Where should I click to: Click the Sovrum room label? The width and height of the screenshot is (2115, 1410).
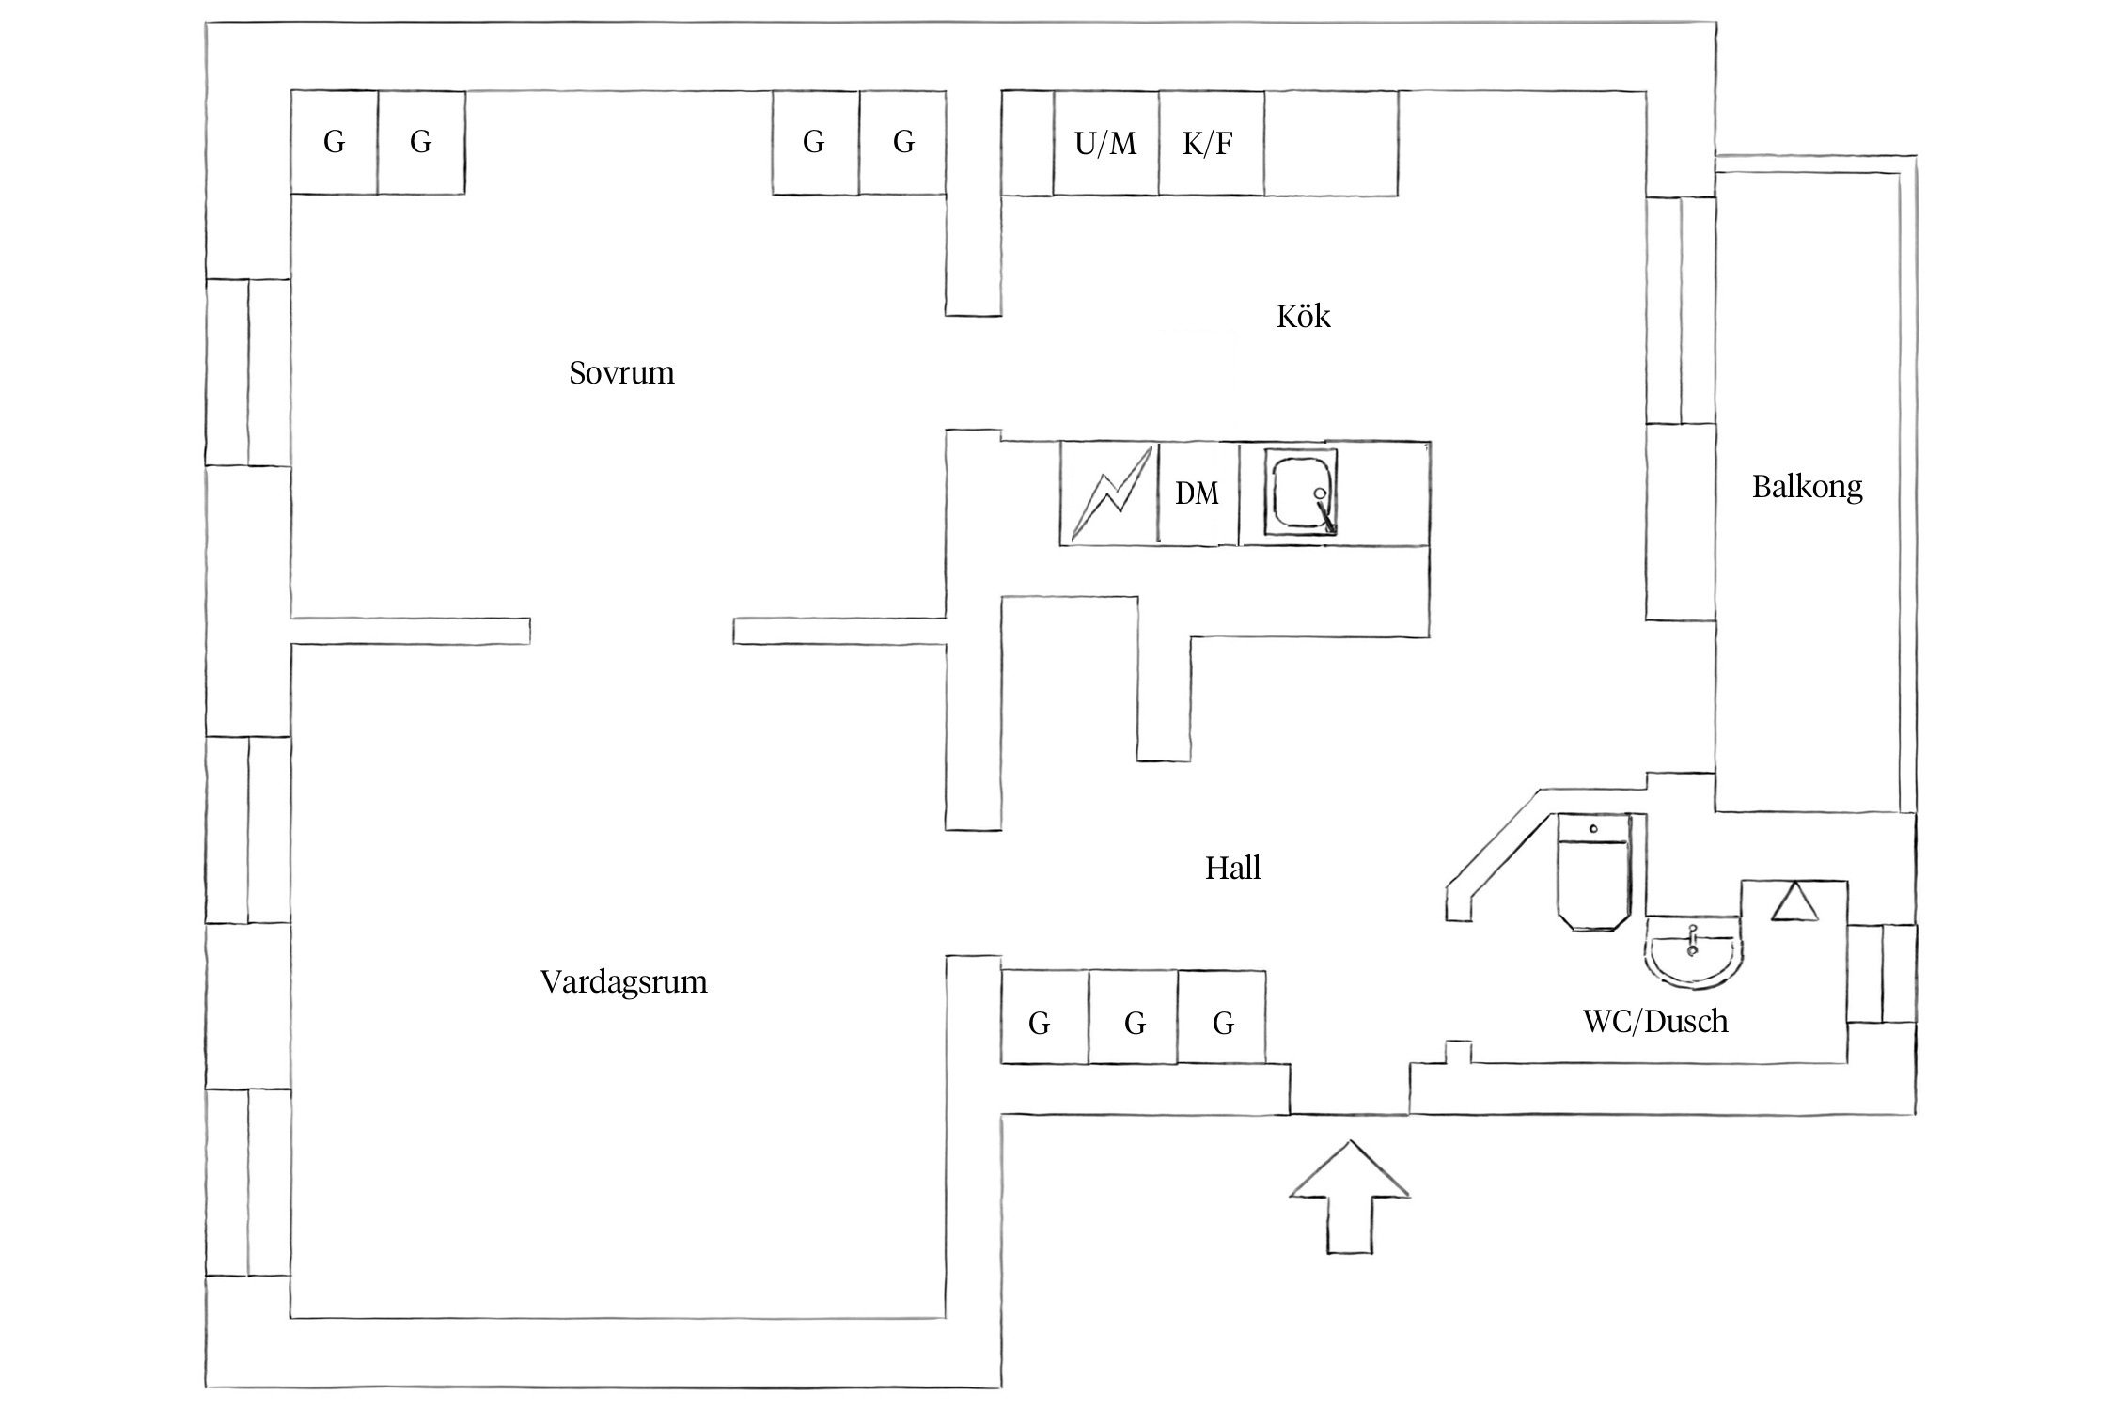621,373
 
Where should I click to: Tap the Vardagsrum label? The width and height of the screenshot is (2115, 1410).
623,982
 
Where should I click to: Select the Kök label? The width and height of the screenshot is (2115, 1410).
1303,317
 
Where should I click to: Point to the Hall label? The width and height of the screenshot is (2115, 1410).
1232,868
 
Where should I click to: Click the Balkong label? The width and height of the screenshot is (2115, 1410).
1807,487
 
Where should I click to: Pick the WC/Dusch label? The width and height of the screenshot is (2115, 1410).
1655,1021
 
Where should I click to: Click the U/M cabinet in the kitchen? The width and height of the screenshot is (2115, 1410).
1105,144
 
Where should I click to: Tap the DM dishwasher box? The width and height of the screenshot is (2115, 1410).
1197,493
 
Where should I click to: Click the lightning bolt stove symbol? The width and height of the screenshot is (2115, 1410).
1110,493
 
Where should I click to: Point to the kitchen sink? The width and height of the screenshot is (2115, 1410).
1301,492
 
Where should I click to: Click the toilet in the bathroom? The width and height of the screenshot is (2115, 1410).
1593,872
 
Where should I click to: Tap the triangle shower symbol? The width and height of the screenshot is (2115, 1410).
1795,902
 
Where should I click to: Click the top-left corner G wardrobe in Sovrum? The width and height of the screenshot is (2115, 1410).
334,143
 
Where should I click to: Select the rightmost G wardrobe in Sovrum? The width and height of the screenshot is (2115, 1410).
902,143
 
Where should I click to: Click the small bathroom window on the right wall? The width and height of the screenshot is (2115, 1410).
1882,973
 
